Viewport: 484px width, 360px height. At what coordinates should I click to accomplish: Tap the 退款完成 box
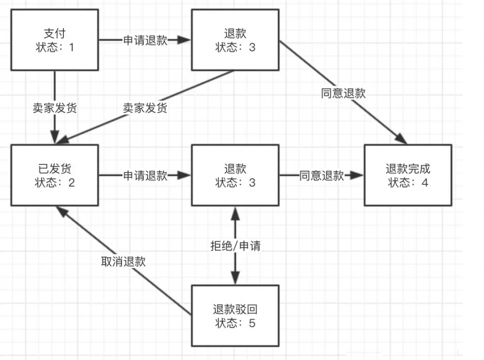coord(408,176)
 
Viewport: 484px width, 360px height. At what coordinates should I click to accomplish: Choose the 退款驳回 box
coord(235,315)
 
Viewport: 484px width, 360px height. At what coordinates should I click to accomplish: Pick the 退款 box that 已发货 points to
coord(235,176)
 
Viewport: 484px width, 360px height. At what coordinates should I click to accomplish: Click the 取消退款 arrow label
coord(123,262)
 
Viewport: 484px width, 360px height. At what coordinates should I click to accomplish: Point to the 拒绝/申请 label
coord(235,246)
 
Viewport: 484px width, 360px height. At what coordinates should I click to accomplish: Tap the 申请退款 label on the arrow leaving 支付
coord(145,40)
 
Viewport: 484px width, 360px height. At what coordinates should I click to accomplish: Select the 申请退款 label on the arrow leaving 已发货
coord(145,176)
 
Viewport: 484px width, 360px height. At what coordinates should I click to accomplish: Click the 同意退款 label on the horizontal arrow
coord(322,176)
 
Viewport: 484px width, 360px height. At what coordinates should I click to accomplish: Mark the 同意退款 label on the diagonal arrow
coord(343,93)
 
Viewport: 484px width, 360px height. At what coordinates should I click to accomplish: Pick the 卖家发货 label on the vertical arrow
coord(54,108)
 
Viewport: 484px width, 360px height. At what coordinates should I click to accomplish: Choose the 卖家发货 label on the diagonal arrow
coord(145,108)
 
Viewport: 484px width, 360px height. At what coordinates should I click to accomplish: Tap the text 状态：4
coord(408,183)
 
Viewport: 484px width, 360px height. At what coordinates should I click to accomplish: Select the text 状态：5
coord(235,323)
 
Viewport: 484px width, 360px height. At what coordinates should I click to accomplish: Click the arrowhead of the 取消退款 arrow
coord(59,210)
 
